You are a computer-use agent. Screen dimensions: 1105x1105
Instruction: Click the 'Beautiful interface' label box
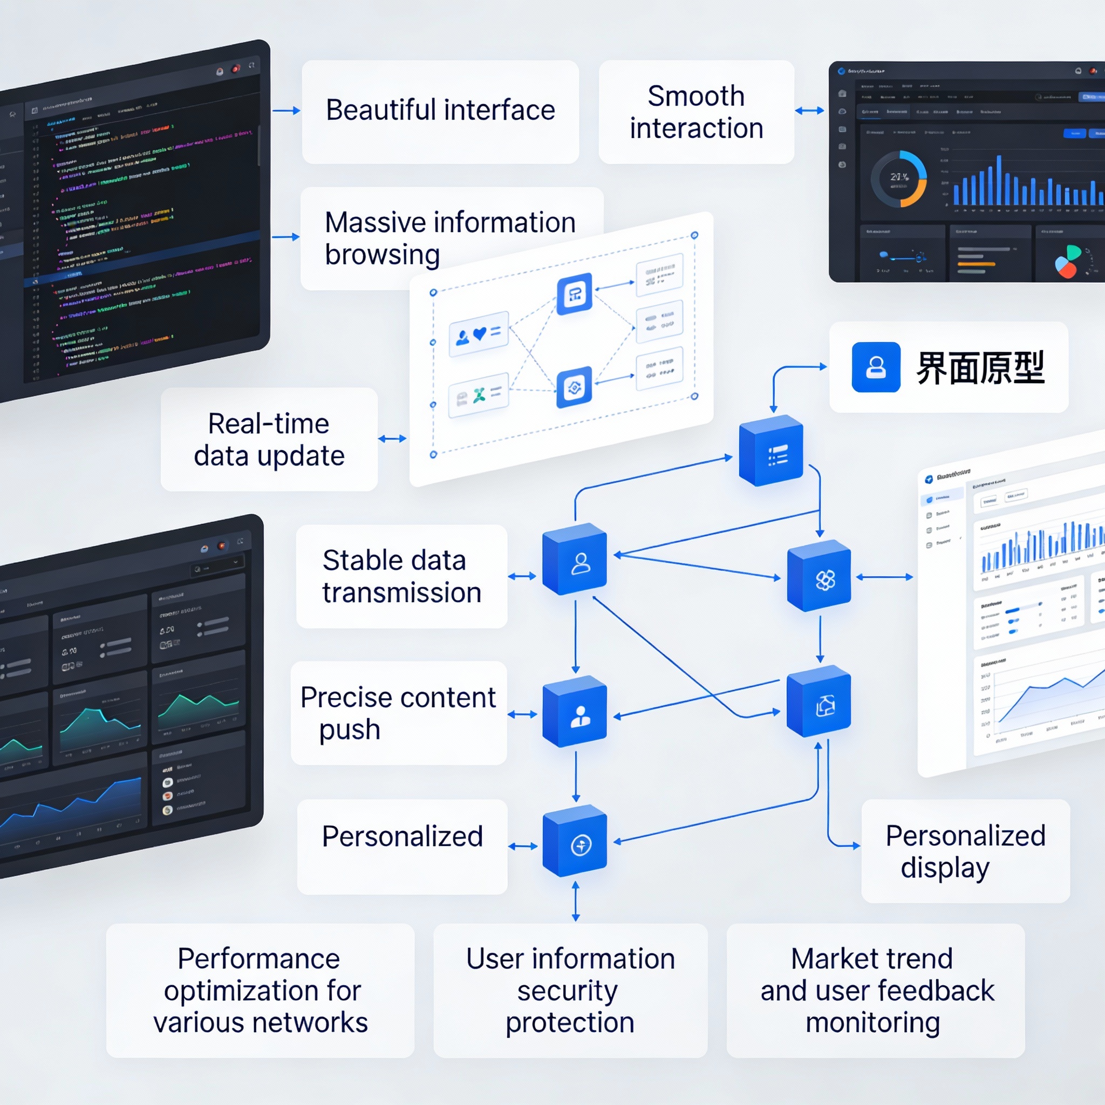tap(440, 112)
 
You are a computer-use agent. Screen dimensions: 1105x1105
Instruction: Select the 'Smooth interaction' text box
tap(696, 112)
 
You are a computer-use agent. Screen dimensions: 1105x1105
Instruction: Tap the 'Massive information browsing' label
tap(400, 237)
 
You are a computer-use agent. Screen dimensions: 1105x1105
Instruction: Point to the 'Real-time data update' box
tap(269, 439)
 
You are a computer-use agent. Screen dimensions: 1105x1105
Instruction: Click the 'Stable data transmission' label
tap(401, 576)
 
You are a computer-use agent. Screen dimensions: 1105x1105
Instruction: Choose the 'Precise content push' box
tap(398, 713)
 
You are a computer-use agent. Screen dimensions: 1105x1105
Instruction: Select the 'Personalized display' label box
tap(965, 850)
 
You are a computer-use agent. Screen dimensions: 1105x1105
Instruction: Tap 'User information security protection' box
tap(570, 990)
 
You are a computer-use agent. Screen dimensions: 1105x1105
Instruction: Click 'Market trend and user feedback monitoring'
tap(875, 990)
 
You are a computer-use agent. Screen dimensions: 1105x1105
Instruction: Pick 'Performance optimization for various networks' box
tap(260, 990)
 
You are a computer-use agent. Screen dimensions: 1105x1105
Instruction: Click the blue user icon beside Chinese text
tap(876, 367)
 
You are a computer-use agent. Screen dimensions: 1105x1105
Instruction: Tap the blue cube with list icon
tap(772, 451)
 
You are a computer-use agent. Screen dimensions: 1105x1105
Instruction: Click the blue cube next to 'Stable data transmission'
tap(575, 560)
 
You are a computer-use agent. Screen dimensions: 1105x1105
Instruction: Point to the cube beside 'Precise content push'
tap(575, 712)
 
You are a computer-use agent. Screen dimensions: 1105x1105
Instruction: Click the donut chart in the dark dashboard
tap(898, 179)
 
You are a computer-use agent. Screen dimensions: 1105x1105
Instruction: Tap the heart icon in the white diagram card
tap(479, 333)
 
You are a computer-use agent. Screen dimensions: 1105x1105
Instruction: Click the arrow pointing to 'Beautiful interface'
tap(286, 111)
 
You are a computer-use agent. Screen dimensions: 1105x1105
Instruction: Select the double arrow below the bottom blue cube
tap(575, 901)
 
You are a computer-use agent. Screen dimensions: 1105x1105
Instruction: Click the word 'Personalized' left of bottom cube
tap(402, 836)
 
